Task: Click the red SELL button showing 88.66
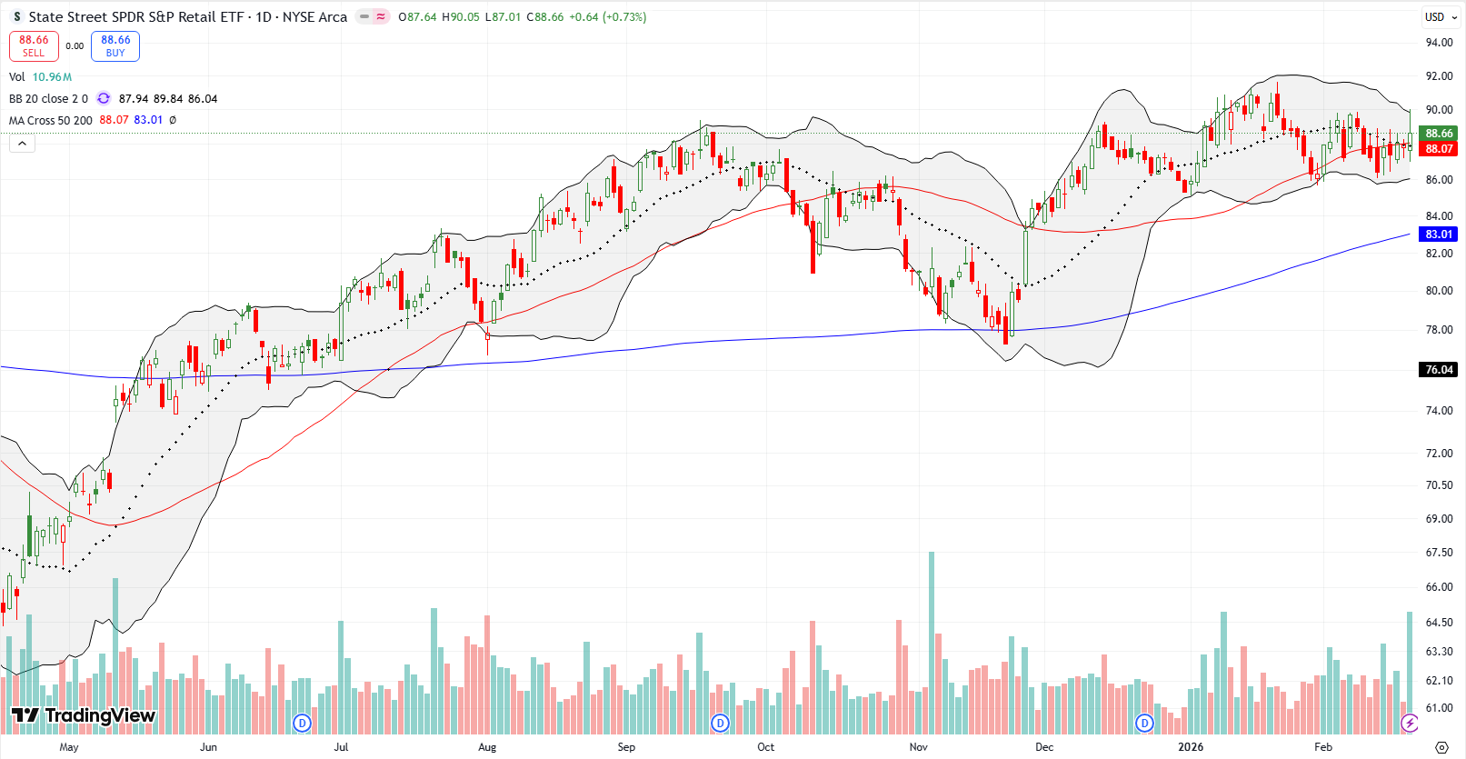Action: (x=34, y=46)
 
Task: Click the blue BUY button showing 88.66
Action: (x=115, y=46)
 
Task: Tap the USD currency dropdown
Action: (x=1439, y=17)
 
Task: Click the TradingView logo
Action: (x=84, y=715)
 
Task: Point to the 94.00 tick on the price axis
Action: (x=1439, y=43)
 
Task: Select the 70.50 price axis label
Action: (x=1439, y=485)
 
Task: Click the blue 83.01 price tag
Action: (x=1439, y=235)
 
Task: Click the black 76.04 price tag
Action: (x=1439, y=370)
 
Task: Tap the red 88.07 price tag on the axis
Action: (x=1439, y=149)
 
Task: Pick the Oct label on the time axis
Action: (x=766, y=747)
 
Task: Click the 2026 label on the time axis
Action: (x=1191, y=747)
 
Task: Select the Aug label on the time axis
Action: (x=487, y=747)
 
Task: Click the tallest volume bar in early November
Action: (x=932, y=636)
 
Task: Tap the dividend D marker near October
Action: (x=720, y=724)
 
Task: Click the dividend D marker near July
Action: (x=303, y=724)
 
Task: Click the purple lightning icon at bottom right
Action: (x=1410, y=724)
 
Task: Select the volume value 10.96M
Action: (x=52, y=77)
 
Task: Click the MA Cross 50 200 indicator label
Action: (x=51, y=120)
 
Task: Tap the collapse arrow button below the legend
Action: (x=22, y=144)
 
